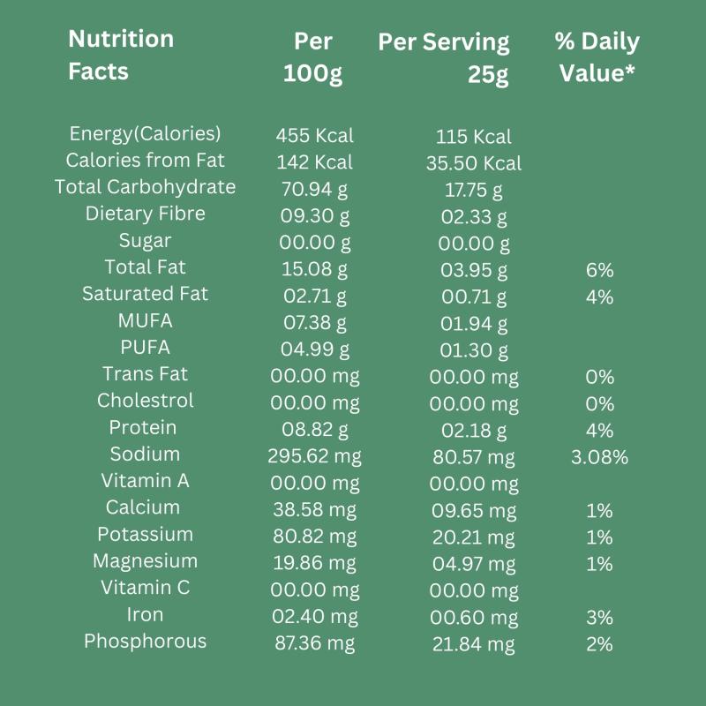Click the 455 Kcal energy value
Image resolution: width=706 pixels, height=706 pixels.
click(x=314, y=136)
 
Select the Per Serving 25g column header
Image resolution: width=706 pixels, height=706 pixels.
click(x=444, y=58)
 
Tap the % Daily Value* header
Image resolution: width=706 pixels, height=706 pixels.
click(x=597, y=57)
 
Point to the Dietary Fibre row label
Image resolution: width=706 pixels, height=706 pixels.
click(x=146, y=214)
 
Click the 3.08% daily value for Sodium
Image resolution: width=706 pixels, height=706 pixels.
click(x=599, y=457)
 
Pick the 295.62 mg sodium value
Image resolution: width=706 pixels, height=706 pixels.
click(x=314, y=456)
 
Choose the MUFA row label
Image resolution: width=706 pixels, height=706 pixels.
click(x=145, y=320)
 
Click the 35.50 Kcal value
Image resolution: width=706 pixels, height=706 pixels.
click(x=474, y=163)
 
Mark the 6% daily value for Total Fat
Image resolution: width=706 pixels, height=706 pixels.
click(x=599, y=270)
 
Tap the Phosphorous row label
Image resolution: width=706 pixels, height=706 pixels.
click(x=146, y=642)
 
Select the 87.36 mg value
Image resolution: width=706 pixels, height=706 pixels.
click(x=314, y=643)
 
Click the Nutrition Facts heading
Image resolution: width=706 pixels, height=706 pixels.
click(x=121, y=55)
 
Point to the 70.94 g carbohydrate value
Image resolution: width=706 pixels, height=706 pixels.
click(x=314, y=189)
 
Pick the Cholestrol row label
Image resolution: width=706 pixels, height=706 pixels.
click(x=146, y=401)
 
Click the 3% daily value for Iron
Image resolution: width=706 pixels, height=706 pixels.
click(x=599, y=617)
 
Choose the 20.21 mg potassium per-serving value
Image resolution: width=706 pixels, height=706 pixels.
click(x=474, y=537)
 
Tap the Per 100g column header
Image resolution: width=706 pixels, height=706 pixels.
click(x=313, y=58)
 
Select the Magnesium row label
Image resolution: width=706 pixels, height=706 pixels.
click(x=146, y=561)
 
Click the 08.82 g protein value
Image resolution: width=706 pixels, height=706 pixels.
click(x=314, y=430)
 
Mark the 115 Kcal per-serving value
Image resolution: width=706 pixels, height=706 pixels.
click(x=474, y=137)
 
